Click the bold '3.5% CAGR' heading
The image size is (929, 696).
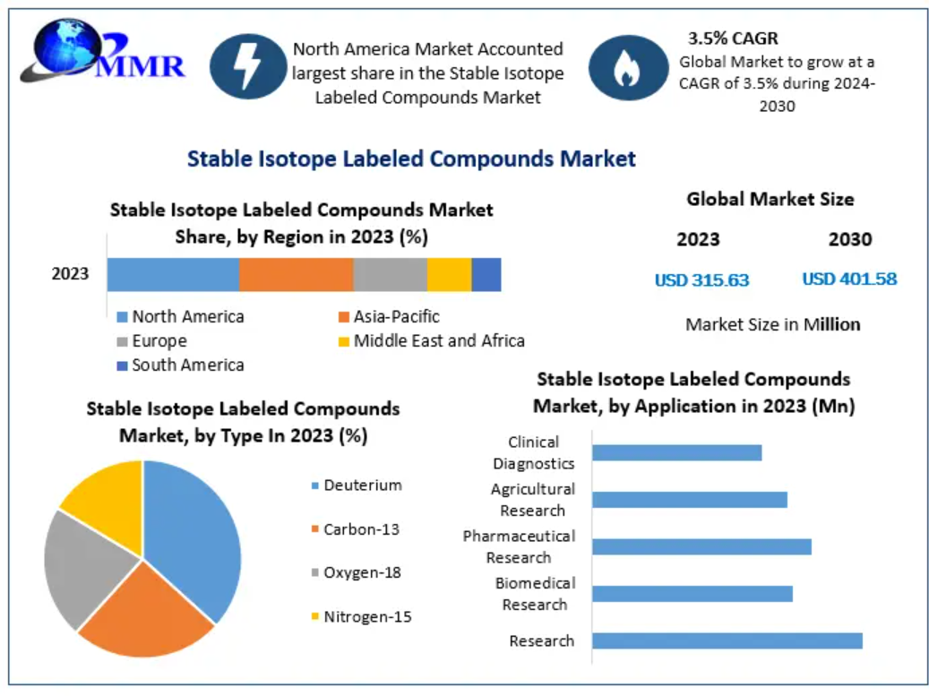tap(733, 39)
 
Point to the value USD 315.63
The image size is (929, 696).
tap(701, 279)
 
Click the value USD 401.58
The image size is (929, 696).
tap(848, 279)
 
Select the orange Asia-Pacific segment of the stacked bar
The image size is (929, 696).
tap(296, 274)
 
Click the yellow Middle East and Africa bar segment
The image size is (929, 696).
tap(449, 274)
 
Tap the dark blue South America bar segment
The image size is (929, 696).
tap(486, 274)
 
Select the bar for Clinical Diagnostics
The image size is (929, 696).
tap(676, 452)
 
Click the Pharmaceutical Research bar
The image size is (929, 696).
tap(701, 546)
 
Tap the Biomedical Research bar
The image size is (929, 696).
tap(692, 593)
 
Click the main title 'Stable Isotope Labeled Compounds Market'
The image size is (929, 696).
tap(411, 159)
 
